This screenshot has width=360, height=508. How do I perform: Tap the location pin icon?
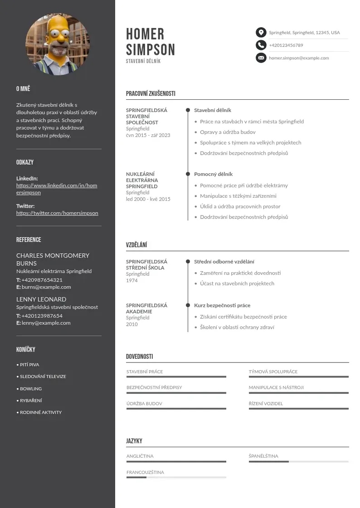261,33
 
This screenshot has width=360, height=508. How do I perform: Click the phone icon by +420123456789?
261,45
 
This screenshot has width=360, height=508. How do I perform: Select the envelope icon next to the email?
261,58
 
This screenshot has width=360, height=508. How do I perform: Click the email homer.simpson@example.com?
299,58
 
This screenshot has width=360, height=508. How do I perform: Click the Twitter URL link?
57,213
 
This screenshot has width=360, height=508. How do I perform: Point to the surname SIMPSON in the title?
151,49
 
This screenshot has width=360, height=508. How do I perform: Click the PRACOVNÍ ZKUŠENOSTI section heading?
151,94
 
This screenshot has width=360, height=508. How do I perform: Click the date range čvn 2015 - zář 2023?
148,135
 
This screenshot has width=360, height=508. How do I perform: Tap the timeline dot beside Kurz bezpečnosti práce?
188,305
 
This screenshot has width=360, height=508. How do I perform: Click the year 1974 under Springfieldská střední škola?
132,280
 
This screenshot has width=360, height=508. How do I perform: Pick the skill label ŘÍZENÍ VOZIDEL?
266,404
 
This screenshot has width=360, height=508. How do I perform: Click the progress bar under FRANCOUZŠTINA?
176,477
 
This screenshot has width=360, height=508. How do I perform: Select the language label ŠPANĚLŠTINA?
263,456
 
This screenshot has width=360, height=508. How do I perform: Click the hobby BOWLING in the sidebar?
31,389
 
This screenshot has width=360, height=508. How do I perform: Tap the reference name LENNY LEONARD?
41,299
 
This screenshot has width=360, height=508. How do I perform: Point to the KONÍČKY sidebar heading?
26,350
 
